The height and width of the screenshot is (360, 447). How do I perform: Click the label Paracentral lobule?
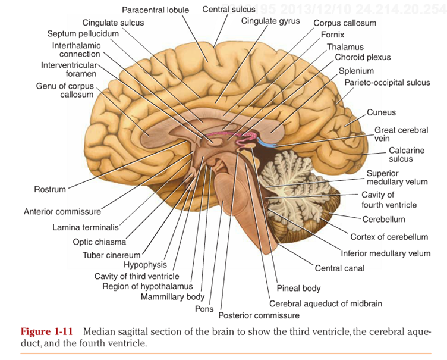155,10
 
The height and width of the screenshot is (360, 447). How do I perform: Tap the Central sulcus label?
229,10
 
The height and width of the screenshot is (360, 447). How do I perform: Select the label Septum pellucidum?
83,34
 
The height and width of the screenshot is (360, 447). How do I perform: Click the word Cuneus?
381,112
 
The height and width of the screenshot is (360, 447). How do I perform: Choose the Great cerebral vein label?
401,134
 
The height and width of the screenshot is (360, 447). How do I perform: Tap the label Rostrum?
50,190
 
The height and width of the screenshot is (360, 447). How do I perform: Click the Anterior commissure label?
62,211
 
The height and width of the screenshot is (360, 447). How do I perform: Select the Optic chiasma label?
99,242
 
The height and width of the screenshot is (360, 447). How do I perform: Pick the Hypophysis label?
145,265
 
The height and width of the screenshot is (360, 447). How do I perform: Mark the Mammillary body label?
172,296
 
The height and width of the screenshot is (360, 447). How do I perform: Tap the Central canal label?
339,268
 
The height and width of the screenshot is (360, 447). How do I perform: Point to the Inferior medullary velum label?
385,253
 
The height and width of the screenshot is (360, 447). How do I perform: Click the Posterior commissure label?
259,315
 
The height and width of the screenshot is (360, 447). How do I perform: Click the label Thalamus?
345,47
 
